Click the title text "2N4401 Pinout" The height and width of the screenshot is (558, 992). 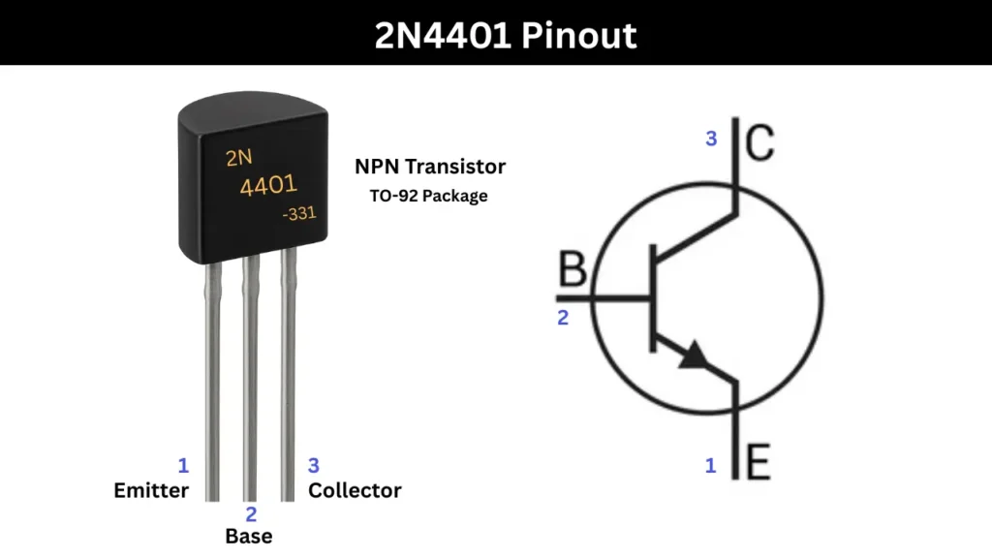(506, 36)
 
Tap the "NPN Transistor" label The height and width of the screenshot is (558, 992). (430, 167)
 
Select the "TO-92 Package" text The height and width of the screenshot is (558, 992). (428, 196)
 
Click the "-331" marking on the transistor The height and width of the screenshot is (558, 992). (298, 214)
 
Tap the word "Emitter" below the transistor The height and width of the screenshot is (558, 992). (151, 490)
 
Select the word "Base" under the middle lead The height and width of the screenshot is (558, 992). (249, 536)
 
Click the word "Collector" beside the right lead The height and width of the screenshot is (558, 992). (355, 490)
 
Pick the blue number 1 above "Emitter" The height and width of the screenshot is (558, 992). (182, 465)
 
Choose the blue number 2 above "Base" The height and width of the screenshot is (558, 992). (251, 513)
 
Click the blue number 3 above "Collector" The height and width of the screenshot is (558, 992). (313, 465)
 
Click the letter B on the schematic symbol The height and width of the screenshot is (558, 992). (573, 271)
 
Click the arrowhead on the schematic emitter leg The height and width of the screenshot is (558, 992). (694, 356)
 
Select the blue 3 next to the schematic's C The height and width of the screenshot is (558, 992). (711, 139)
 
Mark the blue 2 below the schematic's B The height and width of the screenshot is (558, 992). (563, 317)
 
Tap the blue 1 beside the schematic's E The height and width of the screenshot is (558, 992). (710, 466)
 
